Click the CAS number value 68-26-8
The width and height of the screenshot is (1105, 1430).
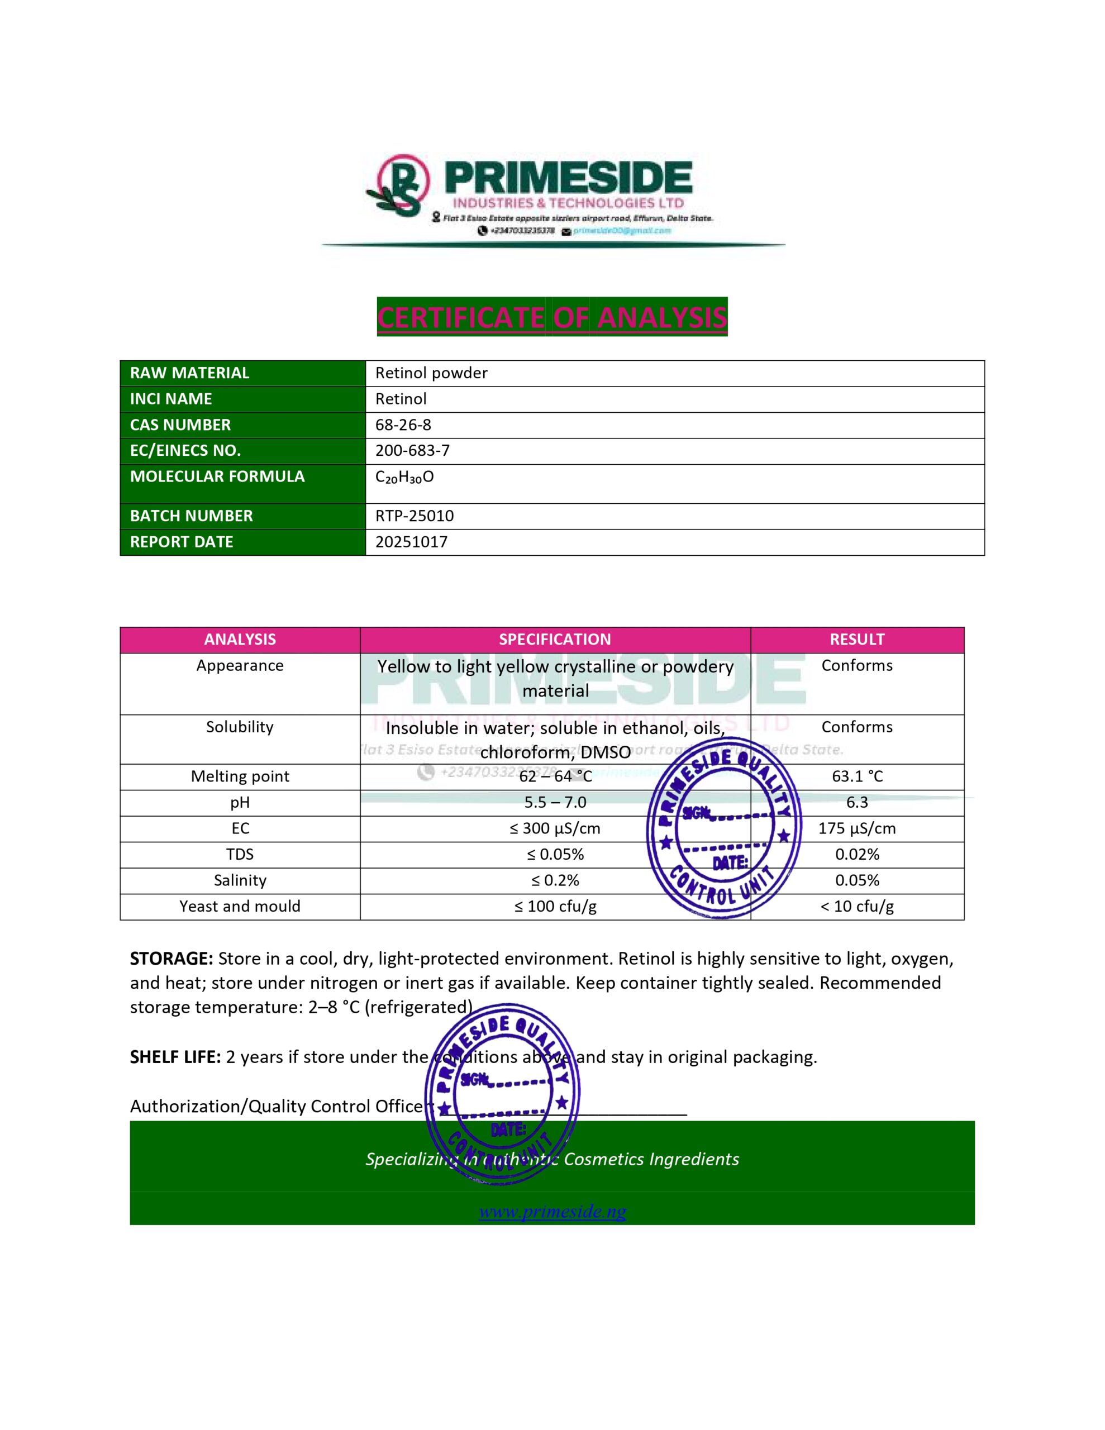(403, 425)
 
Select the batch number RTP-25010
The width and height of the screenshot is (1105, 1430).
(414, 516)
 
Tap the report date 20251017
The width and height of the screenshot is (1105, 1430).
(411, 542)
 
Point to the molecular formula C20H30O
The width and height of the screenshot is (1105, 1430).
(404, 476)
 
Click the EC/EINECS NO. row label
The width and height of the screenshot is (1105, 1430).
(185, 450)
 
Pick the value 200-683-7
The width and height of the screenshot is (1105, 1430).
(412, 450)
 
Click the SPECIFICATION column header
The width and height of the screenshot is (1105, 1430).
(554, 640)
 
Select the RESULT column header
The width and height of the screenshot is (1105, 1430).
(857, 640)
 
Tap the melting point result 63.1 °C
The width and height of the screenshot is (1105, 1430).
(857, 776)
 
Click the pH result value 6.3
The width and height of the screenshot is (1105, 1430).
(857, 803)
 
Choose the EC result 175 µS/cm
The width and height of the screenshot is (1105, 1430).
(857, 828)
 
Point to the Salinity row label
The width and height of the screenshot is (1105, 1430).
(240, 881)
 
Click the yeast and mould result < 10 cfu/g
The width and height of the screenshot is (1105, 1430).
(857, 906)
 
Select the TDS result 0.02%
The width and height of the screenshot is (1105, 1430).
(857, 855)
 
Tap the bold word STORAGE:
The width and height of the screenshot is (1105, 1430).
(171, 959)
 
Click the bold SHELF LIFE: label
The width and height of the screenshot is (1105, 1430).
(175, 1057)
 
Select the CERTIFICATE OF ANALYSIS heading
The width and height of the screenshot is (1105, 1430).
(551, 317)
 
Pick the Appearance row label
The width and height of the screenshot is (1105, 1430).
(240, 666)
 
